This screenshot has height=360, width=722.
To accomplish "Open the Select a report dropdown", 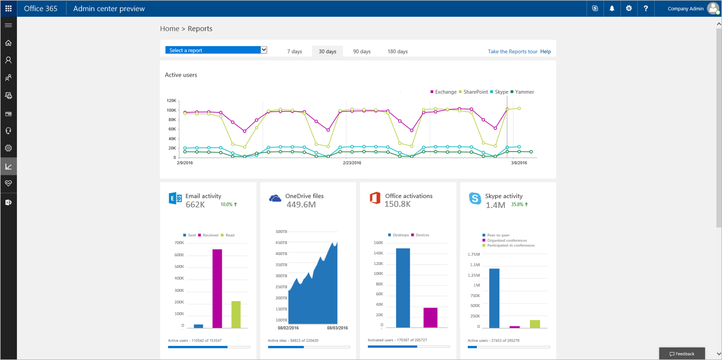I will tap(216, 50).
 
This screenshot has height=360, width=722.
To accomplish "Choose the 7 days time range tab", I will tap(295, 51).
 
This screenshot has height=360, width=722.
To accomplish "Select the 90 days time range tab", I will tap(362, 51).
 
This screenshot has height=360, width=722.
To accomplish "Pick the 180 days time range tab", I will tap(398, 51).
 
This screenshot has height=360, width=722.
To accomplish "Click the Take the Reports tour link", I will tap(512, 51).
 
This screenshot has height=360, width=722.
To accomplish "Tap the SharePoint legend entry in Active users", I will tap(475, 92).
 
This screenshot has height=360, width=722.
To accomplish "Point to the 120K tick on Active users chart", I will tap(171, 101).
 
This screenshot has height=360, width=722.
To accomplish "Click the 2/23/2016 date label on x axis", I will tap(352, 163).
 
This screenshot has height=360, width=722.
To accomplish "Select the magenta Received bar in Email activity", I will tap(217, 289).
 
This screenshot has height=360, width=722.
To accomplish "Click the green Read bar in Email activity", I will tap(236, 315).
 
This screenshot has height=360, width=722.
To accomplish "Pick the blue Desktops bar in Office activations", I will tap(403, 288).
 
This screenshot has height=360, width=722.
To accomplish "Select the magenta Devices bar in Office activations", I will tap(430, 317).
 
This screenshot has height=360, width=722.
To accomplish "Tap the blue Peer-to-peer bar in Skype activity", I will tap(494, 298).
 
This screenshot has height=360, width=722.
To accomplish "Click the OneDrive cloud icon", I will tap(275, 199).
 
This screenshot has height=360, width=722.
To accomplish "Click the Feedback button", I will tap(682, 354).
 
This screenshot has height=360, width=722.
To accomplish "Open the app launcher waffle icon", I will tap(8, 9).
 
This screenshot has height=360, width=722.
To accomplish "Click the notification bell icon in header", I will tap(612, 9).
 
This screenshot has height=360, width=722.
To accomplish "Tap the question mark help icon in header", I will tap(646, 9).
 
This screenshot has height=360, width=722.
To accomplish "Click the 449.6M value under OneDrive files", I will tap(300, 204).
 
